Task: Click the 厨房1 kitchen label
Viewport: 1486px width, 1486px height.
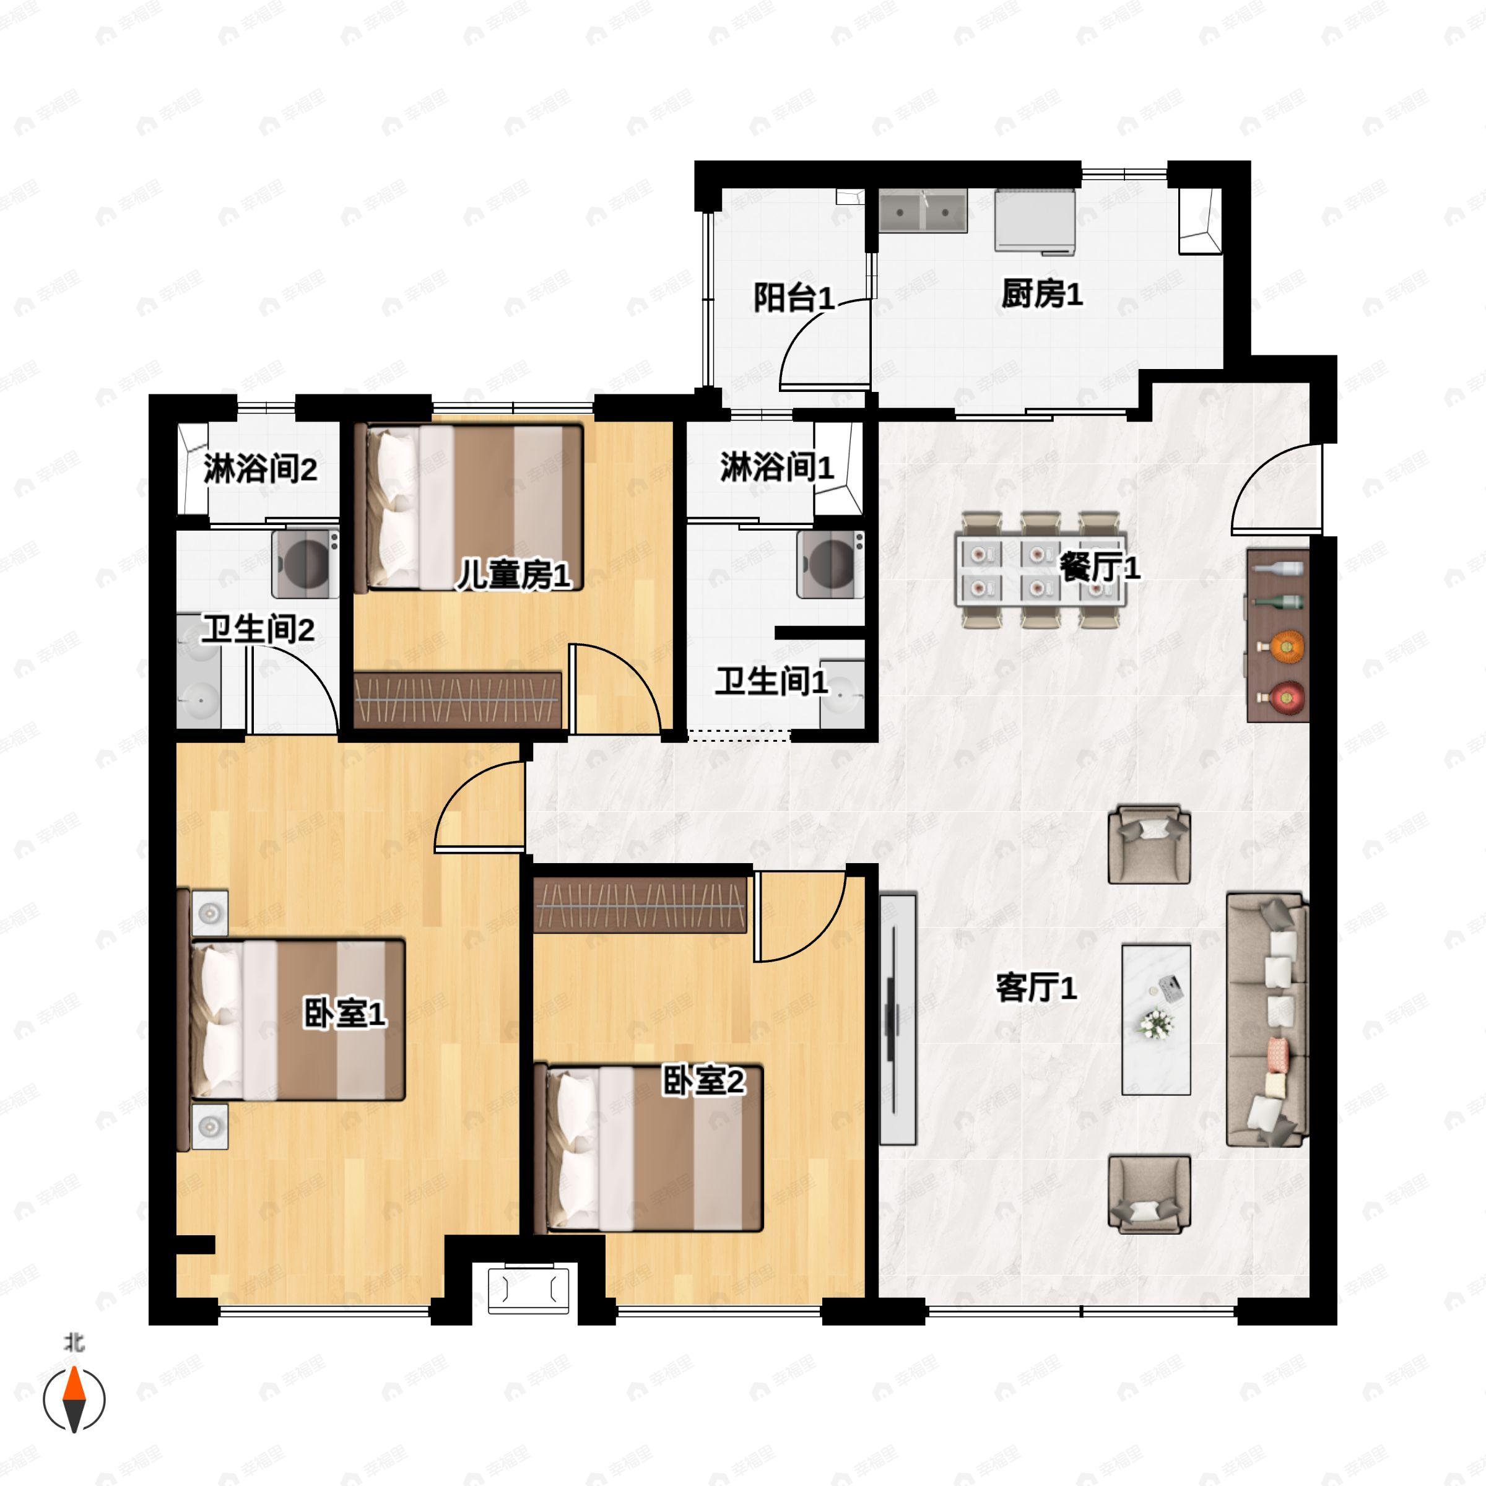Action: (x=1041, y=294)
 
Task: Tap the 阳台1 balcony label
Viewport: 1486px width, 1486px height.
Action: (x=793, y=298)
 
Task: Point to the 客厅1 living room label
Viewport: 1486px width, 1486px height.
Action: (x=1035, y=988)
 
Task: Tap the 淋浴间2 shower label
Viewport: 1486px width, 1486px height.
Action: (x=260, y=469)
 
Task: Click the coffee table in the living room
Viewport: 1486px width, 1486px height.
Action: (x=1155, y=1019)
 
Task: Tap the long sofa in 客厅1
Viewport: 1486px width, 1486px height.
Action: (x=1265, y=1020)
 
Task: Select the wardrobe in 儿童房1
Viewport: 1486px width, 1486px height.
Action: (x=458, y=699)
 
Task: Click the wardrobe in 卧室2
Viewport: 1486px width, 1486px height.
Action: (x=640, y=906)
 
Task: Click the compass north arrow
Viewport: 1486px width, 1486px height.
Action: (x=74, y=1397)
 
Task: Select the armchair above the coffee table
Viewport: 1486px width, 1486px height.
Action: (x=1149, y=845)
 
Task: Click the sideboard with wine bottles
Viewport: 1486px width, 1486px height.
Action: (x=1277, y=635)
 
